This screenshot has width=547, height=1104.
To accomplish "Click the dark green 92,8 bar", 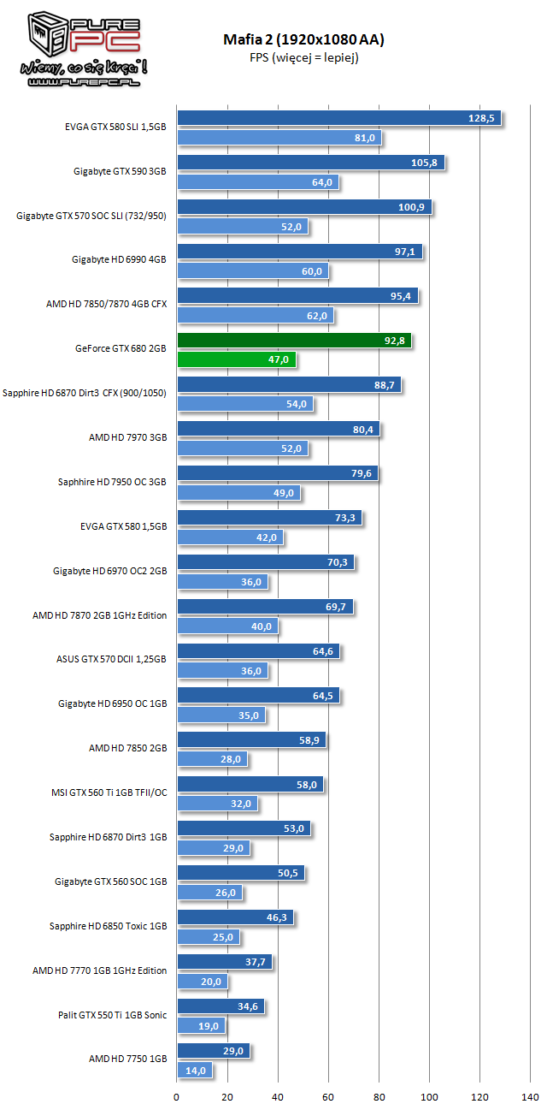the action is (x=294, y=341).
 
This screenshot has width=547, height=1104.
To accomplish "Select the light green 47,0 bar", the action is (x=237, y=359).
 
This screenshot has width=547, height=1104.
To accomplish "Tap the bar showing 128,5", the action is (x=339, y=118).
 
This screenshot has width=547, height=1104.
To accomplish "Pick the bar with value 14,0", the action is (x=195, y=1070).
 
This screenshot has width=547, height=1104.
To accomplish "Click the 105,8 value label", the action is (x=424, y=163).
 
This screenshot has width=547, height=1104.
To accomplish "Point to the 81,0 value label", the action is (x=365, y=138).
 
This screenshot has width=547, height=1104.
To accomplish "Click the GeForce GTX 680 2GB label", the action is (x=121, y=348).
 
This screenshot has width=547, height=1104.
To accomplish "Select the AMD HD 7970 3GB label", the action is (x=127, y=437).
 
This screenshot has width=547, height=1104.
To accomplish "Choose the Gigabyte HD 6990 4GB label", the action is (x=119, y=259).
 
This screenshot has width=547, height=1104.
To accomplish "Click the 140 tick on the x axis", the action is (x=530, y=1096).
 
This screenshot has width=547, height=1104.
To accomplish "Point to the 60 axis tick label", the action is (x=328, y=1096).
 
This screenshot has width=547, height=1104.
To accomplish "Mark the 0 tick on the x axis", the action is (x=176, y=1096).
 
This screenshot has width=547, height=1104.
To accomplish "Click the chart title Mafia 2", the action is (x=303, y=39).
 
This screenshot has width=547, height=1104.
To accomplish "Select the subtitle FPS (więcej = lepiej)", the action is (x=303, y=57).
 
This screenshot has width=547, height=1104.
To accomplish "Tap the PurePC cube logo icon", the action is (x=48, y=34).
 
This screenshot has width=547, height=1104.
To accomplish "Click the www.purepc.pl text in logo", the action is (x=84, y=82).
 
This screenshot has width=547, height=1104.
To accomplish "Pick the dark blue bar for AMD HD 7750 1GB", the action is (x=214, y=1051).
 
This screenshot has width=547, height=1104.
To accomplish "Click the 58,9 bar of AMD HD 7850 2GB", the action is (x=251, y=739).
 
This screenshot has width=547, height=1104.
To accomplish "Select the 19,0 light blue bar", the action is (x=202, y=1025).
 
